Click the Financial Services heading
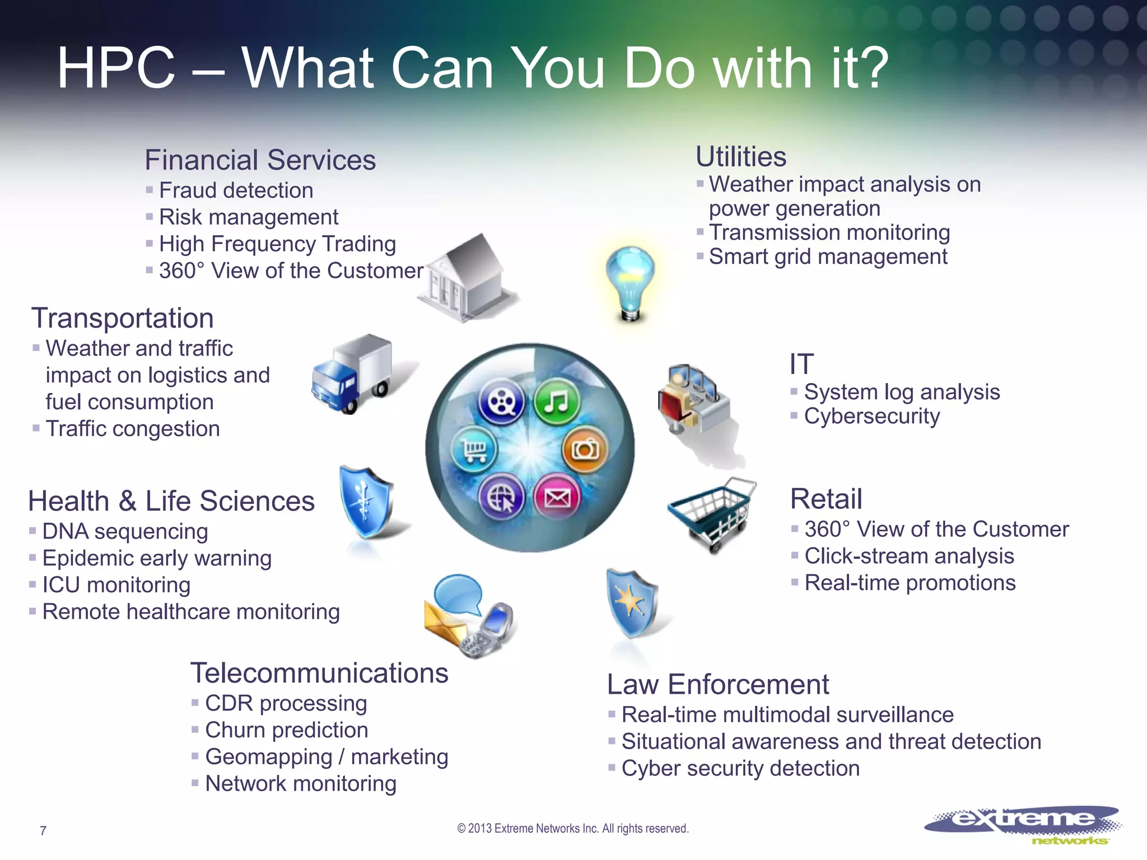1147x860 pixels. click(x=260, y=160)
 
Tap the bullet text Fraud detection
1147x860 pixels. click(x=236, y=190)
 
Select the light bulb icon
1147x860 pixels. click(x=631, y=283)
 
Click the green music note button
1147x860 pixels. click(x=556, y=401)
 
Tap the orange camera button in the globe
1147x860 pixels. click(x=585, y=449)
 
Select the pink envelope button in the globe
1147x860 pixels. click(x=557, y=497)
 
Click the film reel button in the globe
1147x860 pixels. click(x=501, y=401)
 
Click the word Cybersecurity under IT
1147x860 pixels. click(x=872, y=417)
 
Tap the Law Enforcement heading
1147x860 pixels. click(x=717, y=684)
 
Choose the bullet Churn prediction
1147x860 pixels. click(x=286, y=730)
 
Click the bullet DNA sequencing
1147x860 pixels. click(x=125, y=531)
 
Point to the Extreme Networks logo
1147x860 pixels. click(x=1023, y=824)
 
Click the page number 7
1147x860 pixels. click(x=43, y=831)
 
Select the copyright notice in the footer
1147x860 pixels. click(x=573, y=829)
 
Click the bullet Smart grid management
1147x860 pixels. click(x=828, y=257)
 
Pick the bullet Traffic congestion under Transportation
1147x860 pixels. click(x=133, y=429)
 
